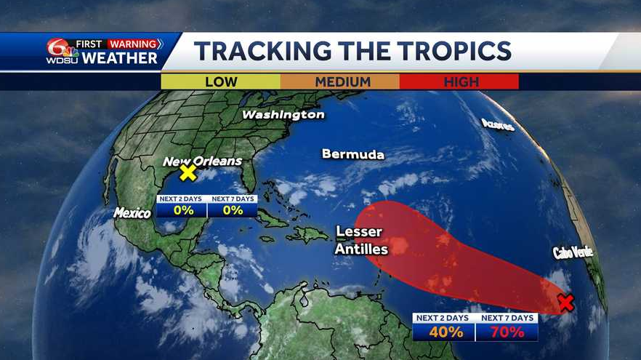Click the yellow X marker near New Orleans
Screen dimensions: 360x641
[188, 172]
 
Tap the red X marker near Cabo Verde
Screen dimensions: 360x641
[566, 303]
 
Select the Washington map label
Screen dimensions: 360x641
[283, 115]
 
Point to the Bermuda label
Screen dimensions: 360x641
[352, 154]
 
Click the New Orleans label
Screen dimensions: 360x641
[202, 161]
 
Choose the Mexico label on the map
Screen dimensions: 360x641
[132, 213]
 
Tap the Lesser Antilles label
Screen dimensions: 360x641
[361, 241]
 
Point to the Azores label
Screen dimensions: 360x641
[498, 124]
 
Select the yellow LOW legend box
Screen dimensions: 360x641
[221, 81]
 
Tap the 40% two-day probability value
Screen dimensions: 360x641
[444, 332]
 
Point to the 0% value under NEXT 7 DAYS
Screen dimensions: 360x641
[233, 210]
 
